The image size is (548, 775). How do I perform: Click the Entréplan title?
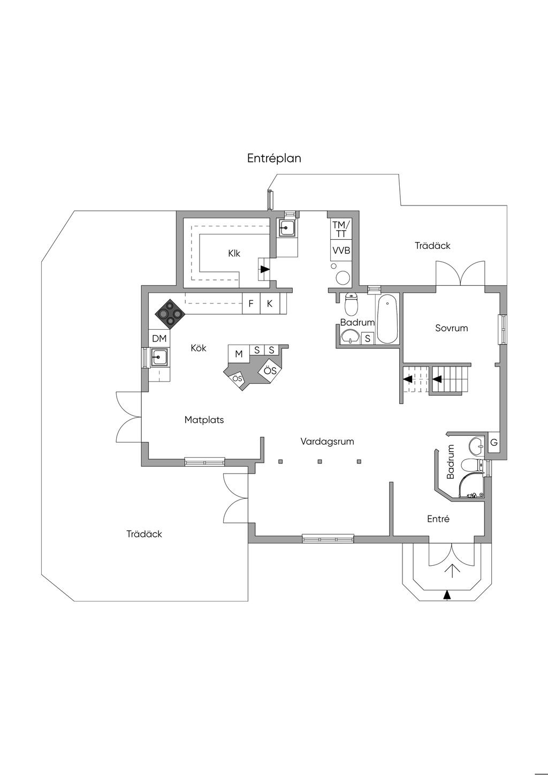click(274, 158)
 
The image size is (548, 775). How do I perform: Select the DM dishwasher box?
click(159, 338)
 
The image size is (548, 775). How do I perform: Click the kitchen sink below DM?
click(159, 356)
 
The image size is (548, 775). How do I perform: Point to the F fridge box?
click(251, 303)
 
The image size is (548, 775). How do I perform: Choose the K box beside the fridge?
click(270, 303)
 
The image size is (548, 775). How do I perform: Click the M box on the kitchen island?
click(239, 354)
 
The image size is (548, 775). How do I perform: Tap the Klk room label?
click(234, 253)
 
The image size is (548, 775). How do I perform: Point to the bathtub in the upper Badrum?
click(387, 320)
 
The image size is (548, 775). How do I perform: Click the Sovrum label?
click(451, 328)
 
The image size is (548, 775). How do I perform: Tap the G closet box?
click(494, 443)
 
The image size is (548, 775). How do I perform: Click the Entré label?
click(438, 519)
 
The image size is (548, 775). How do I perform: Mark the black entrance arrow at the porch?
click(447, 594)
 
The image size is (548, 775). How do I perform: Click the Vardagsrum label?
click(327, 442)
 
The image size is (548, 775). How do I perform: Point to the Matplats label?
click(204, 420)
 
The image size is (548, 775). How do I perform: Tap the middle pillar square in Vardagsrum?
click(319, 461)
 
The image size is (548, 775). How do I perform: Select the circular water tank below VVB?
click(342, 277)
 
